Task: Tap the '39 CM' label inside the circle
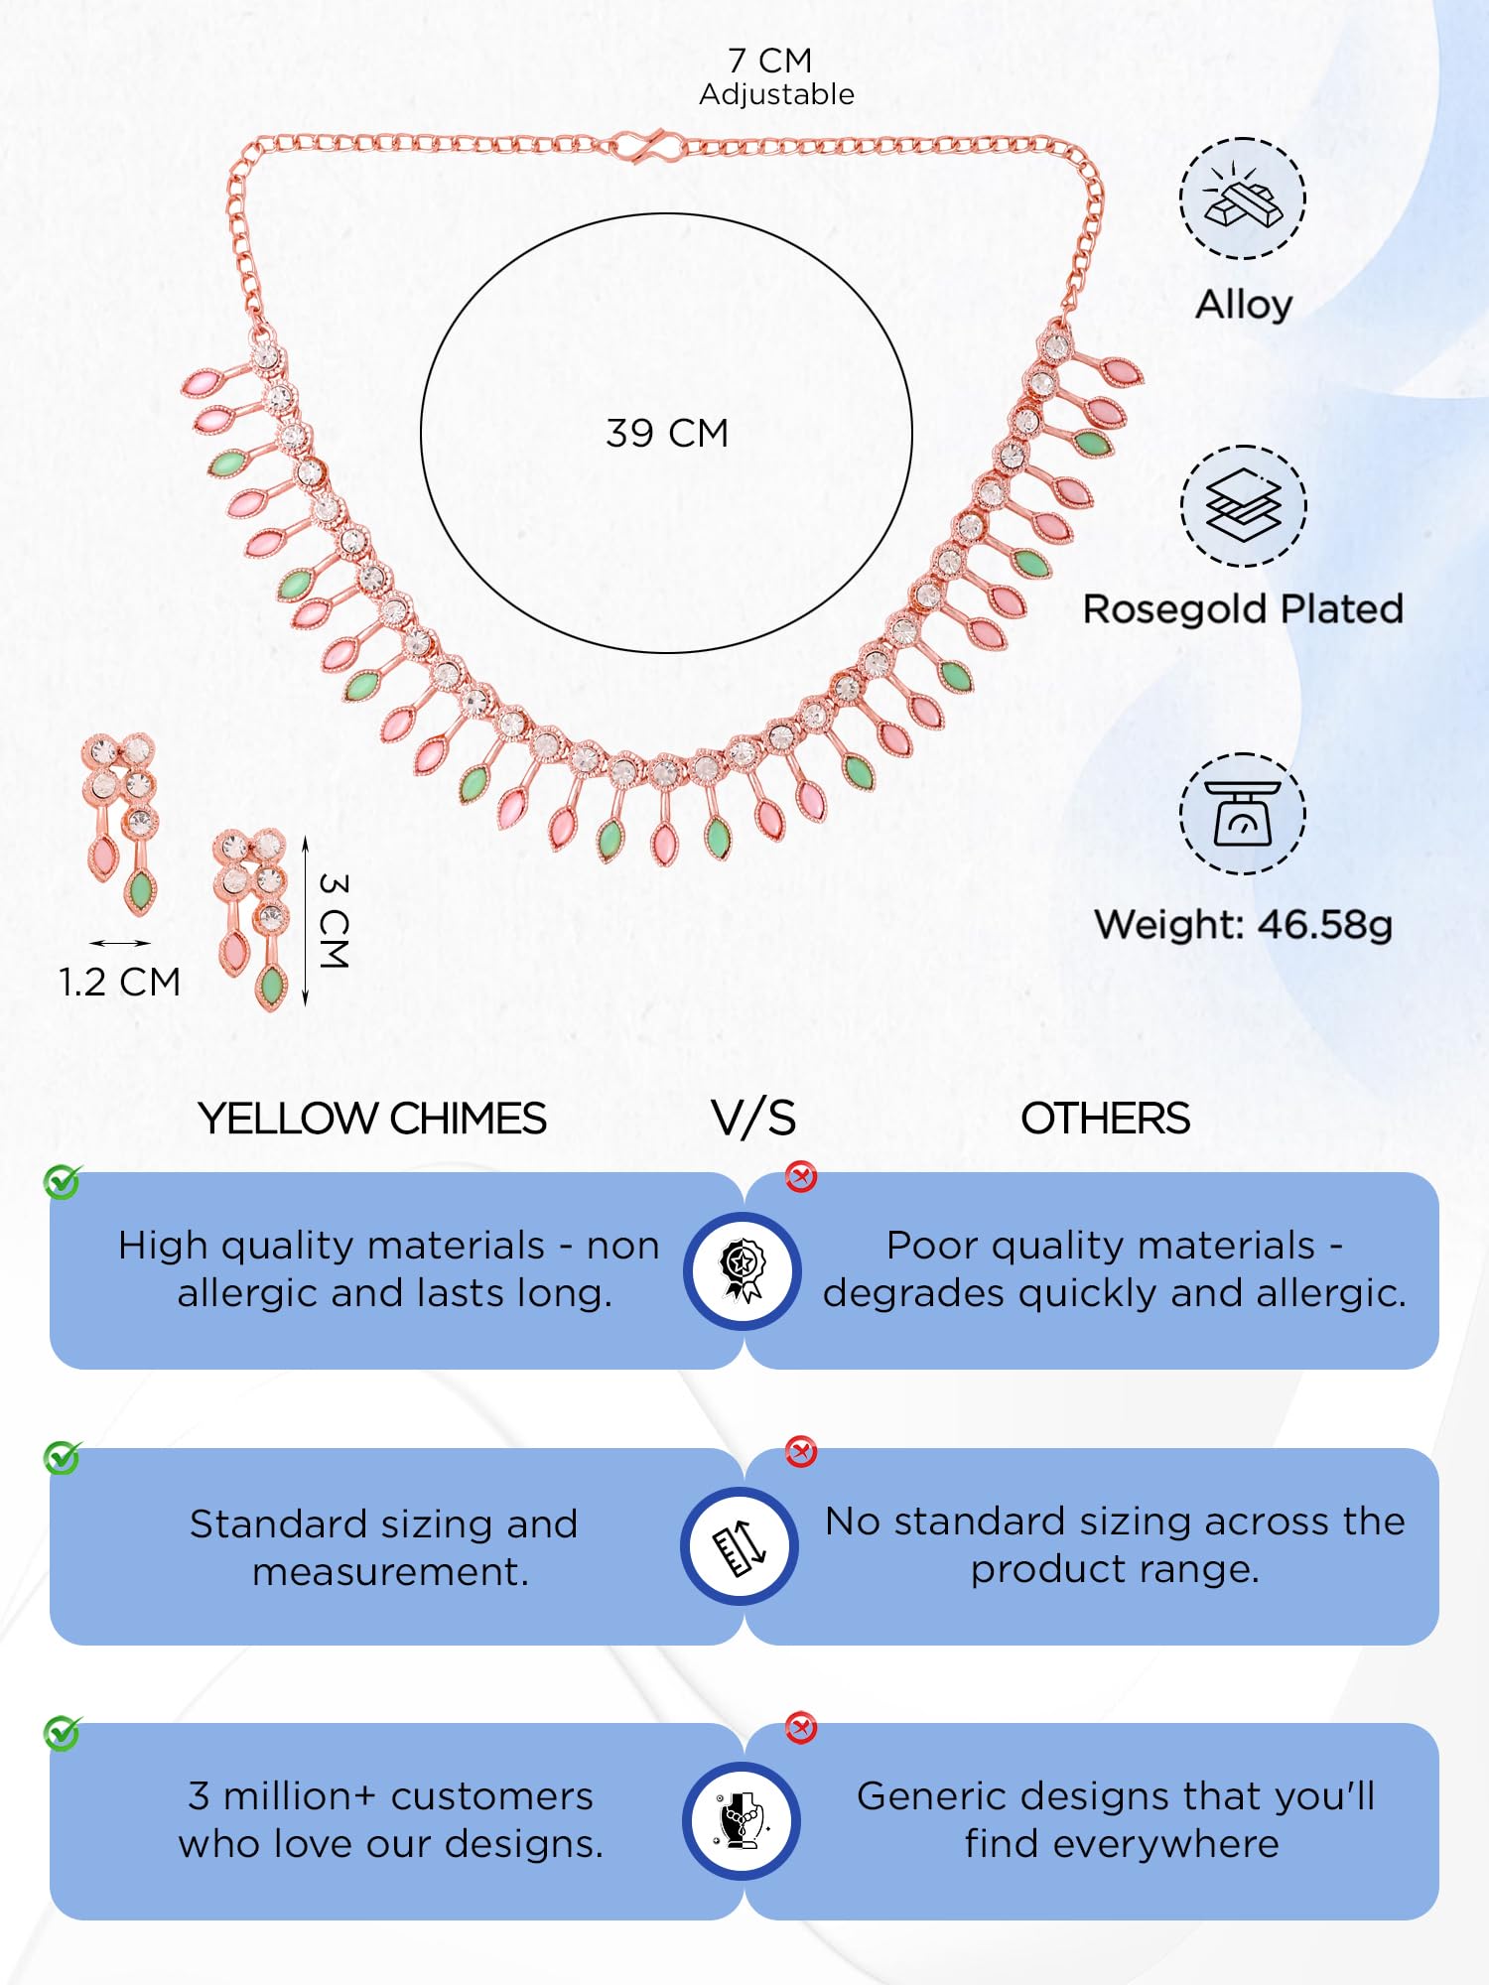(x=667, y=434)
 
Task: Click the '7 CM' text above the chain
(x=769, y=61)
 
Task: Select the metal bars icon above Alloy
(x=1243, y=198)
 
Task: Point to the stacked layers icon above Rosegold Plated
(x=1243, y=506)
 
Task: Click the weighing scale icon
(x=1243, y=814)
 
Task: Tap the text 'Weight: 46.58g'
(x=1243, y=925)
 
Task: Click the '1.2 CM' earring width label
(x=119, y=983)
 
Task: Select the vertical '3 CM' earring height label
(x=335, y=921)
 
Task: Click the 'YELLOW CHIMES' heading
(x=372, y=1119)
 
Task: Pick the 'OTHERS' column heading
(x=1105, y=1119)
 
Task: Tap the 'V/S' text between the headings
(x=753, y=1119)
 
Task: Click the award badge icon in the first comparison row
(x=742, y=1270)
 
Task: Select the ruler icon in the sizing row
(x=741, y=1546)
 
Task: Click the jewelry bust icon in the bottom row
(x=742, y=1821)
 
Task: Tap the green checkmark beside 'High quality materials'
(x=63, y=1181)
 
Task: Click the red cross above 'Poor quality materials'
(x=801, y=1177)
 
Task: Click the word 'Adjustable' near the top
(x=776, y=94)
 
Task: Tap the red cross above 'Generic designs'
(x=801, y=1728)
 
